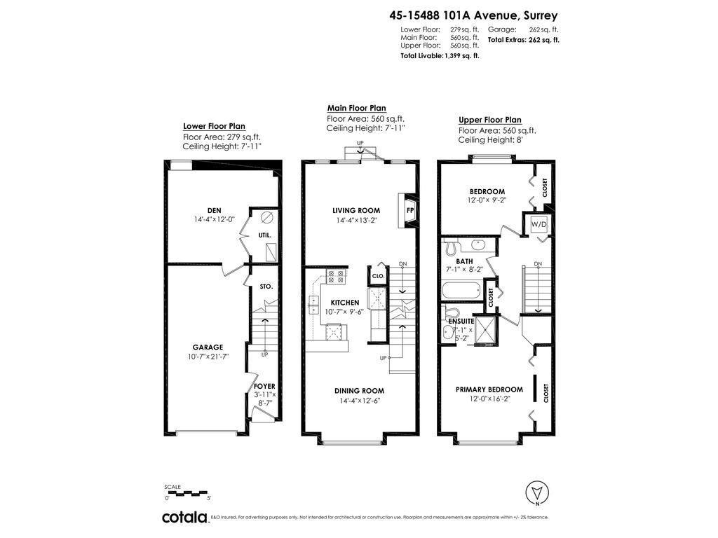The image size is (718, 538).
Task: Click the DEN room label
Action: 215,210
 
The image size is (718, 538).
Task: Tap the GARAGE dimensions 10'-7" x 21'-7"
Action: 208,357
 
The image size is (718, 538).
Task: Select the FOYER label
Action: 264,386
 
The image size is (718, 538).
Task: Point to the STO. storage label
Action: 266,287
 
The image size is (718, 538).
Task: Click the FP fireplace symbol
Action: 410,210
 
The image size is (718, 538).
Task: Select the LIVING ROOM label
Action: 356,210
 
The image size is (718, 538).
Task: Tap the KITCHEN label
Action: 345,302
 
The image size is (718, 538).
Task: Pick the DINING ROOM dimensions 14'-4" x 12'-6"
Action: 358,401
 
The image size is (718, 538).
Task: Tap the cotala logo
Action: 184,517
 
